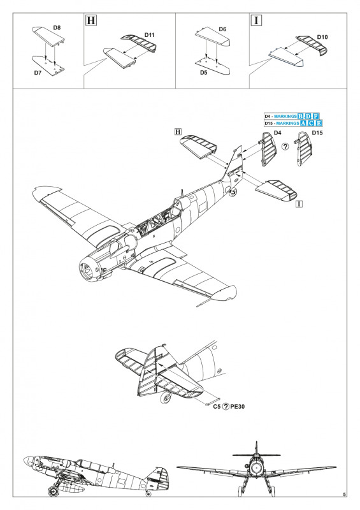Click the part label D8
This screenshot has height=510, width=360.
(57, 27)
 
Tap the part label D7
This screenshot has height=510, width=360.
(38, 73)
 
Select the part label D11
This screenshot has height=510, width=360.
(150, 35)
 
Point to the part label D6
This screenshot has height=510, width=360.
(222, 29)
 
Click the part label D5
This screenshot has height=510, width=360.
(204, 73)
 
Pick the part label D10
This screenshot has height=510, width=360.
(322, 37)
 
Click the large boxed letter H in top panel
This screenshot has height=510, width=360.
(91, 20)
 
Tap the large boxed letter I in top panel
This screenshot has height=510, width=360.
(257, 20)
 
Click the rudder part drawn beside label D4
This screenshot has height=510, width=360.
(268, 149)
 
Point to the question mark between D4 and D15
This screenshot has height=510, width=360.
(285, 147)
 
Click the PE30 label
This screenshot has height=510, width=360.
(238, 407)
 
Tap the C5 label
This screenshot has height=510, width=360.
(217, 407)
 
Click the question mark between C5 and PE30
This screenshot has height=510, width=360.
(226, 407)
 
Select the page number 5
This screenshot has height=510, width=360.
(345, 495)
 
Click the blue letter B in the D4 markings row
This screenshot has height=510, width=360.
(301, 116)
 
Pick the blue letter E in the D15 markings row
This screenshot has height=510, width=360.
(319, 123)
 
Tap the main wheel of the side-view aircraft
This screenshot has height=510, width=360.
(53, 491)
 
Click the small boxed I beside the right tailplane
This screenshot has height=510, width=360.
(300, 204)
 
